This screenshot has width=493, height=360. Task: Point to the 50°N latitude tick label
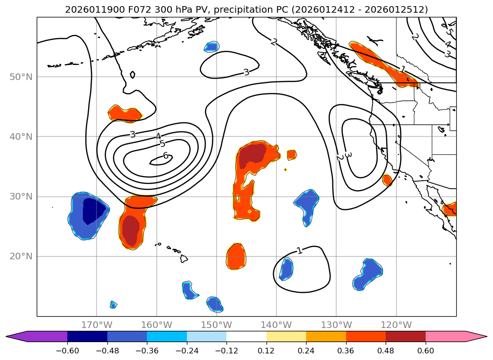21,77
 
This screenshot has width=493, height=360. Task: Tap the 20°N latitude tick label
21,256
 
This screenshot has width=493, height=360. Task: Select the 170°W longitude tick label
97,325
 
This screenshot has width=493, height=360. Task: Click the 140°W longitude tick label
276,325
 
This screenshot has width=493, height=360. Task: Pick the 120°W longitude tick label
396,325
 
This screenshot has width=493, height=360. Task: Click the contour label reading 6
166,156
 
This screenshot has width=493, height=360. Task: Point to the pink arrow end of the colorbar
476,336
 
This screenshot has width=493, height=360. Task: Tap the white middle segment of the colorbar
246,336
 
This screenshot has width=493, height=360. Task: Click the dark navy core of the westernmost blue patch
94,211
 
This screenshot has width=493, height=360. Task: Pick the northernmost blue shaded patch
212,47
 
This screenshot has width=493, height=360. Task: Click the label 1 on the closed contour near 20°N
299,250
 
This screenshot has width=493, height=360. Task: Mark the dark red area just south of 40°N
252,157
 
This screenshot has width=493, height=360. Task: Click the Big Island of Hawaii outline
184,259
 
